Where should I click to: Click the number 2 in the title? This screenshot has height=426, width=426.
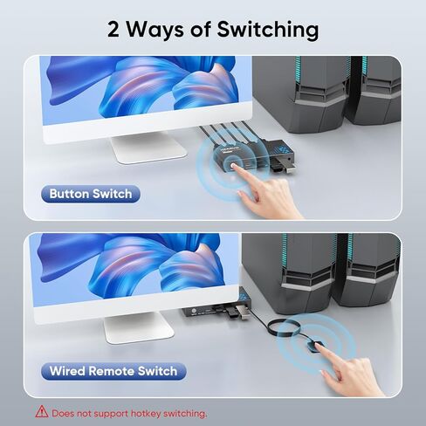[x=115, y=29]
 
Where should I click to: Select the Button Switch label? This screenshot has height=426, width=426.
[x=91, y=194]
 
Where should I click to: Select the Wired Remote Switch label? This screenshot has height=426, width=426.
[x=113, y=371]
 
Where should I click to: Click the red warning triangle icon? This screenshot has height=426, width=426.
[x=40, y=412]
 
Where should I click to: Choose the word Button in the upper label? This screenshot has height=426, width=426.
[x=70, y=194]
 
